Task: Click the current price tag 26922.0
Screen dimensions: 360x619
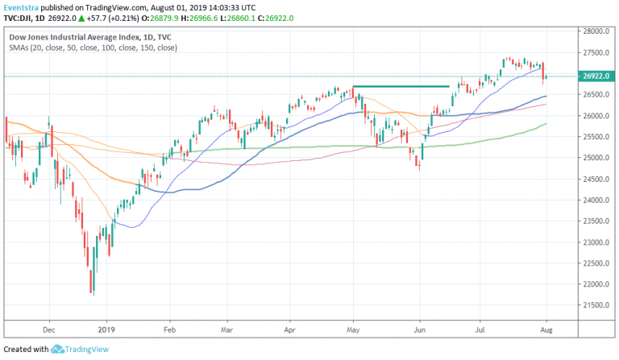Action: click(x=595, y=77)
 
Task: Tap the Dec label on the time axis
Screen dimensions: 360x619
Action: click(x=48, y=329)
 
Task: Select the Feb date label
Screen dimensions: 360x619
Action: click(x=169, y=329)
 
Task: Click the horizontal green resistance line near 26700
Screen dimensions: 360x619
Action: click(x=401, y=86)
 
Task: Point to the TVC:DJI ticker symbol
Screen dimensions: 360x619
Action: click(x=18, y=18)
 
